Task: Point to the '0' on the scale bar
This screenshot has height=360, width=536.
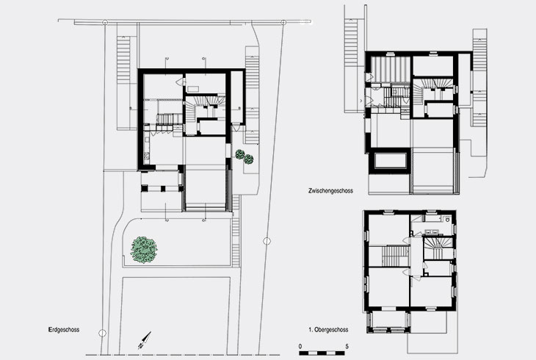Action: click(300, 345)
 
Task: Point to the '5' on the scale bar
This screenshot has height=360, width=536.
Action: click(347, 345)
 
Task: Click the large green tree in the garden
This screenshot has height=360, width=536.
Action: click(144, 250)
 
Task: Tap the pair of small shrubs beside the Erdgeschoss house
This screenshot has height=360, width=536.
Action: click(244, 156)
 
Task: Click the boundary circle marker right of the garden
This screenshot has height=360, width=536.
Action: click(267, 239)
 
